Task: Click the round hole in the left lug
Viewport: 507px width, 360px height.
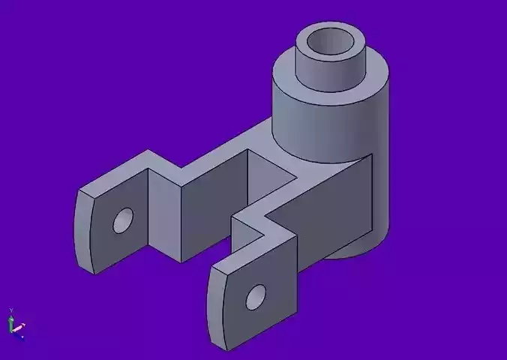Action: click(x=122, y=220)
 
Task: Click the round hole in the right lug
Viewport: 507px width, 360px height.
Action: click(x=256, y=297)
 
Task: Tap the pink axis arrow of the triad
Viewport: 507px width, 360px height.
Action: click(x=19, y=328)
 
